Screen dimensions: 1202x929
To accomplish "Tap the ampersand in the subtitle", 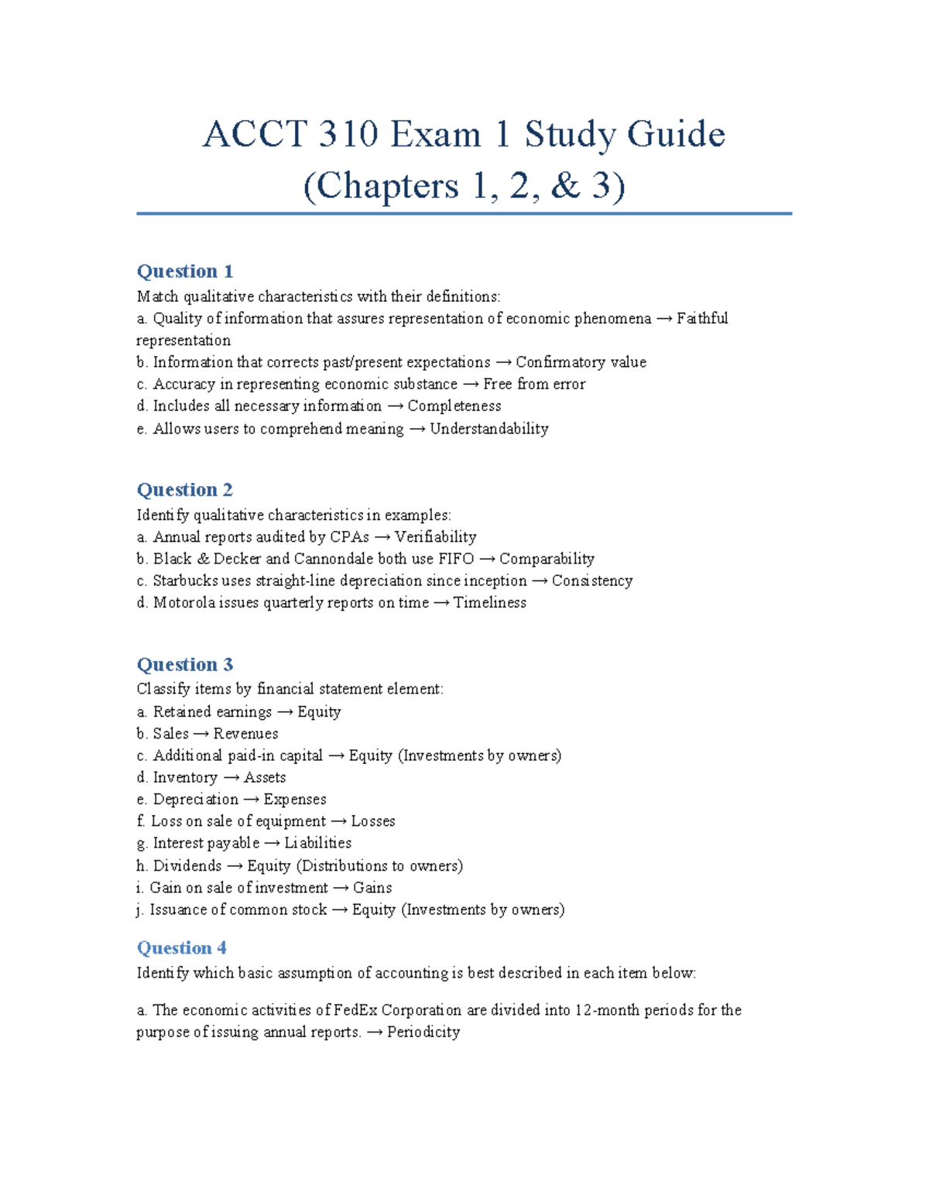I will click(565, 186).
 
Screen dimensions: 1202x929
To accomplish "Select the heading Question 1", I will click(184, 272).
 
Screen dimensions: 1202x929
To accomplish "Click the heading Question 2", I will click(184, 490).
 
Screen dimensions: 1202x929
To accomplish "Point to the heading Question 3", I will click(184, 665).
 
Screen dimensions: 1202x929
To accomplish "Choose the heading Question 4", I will click(181, 948).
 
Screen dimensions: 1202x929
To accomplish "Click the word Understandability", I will click(488, 429).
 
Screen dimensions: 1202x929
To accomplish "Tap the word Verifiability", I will click(435, 537).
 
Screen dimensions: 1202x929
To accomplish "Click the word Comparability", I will click(547, 559).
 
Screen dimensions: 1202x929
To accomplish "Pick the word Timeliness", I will click(489, 603).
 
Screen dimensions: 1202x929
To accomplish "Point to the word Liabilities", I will click(317, 843).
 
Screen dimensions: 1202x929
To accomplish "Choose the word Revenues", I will click(245, 734).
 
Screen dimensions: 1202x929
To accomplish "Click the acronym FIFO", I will click(455, 559).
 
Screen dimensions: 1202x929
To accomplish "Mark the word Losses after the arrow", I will click(372, 821).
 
